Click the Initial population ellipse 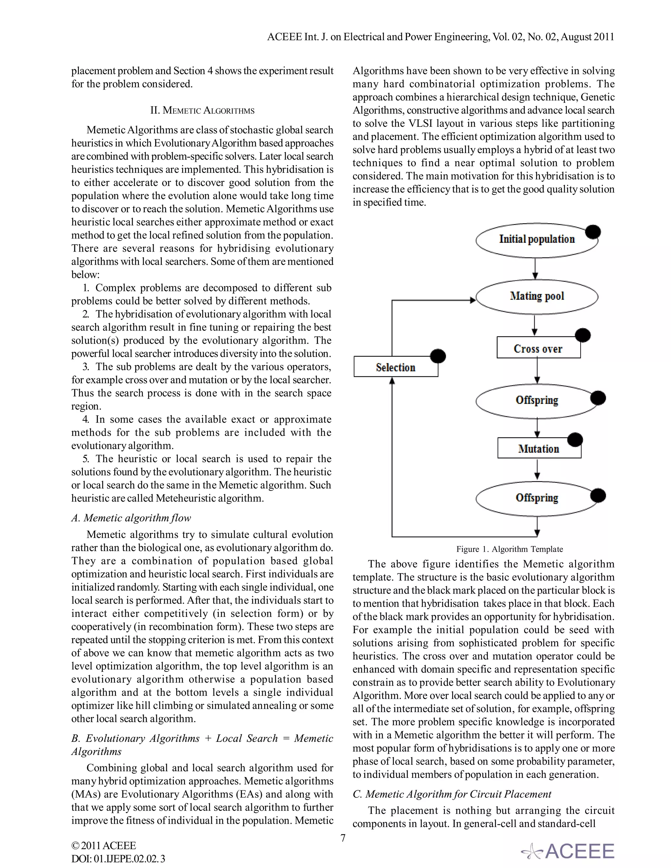coord(536,240)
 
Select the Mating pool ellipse coord(537,296)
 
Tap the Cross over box coord(538,348)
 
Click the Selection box coord(395,367)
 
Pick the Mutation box coord(539,449)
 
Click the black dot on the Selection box coord(438,356)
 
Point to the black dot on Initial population coord(593,232)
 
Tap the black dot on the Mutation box coord(575,440)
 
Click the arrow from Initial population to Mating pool coord(535,269)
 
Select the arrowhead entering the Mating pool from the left coord(473,300)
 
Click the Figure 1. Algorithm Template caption coord(509,549)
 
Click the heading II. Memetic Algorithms coord(202,110)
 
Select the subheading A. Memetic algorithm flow coord(131,518)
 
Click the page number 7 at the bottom coord(343,838)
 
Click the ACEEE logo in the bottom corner coord(568,851)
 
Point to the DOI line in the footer coord(118,859)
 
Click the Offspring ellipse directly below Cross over coord(537,400)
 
